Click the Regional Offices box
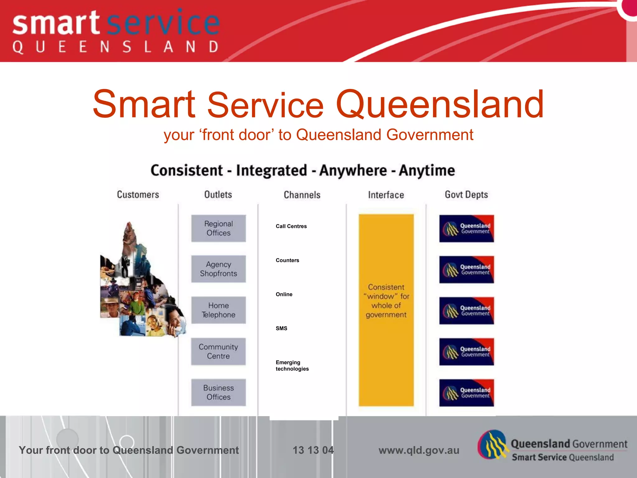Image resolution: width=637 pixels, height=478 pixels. click(218, 228)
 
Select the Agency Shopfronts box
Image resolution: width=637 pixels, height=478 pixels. click(218, 269)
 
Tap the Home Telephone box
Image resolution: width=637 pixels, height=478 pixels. click(218, 310)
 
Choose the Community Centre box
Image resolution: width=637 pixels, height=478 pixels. click(218, 351)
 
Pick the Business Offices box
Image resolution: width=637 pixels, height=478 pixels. click(218, 392)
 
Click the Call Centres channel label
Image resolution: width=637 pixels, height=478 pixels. click(291, 226)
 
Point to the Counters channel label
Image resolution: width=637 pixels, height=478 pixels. click(287, 260)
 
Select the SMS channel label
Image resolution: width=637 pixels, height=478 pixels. click(281, 328)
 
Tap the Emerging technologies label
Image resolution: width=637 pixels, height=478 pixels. click(292, 366)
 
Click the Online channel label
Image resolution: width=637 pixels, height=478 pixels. click(284, 294)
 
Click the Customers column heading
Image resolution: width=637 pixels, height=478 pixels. click(138, 195)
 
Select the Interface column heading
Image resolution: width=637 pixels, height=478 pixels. click(386, 195)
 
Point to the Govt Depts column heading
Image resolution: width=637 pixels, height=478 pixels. click(466, 195)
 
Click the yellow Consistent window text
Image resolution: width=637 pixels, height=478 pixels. click(386, 301)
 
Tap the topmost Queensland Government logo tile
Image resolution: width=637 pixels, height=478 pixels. click(466, 228)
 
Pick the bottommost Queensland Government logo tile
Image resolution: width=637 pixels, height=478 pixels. click(466, 393)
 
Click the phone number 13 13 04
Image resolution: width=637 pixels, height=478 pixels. click(313, 450)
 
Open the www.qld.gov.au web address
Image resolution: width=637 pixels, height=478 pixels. click(419, 450)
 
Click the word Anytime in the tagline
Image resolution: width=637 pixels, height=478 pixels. click(427, 171)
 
